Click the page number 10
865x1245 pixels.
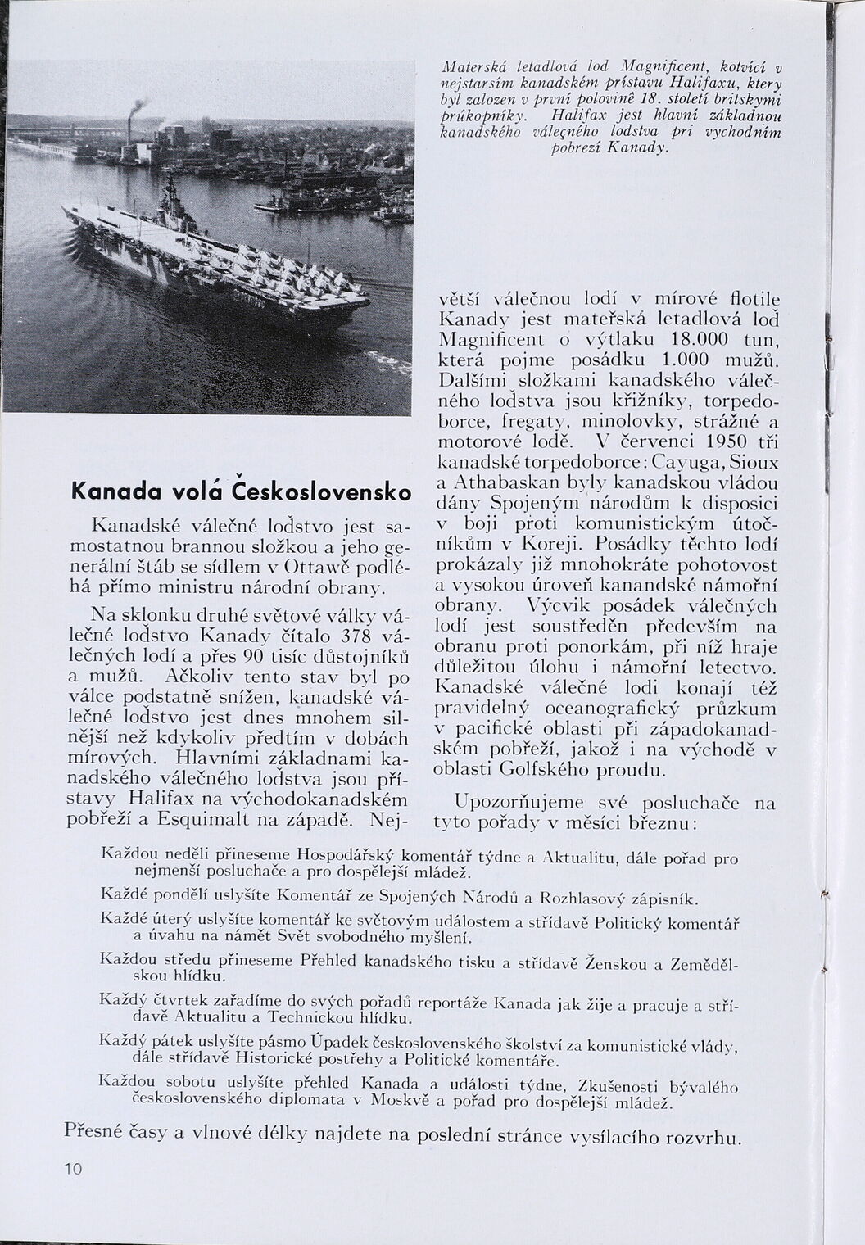[x=72, y=1169]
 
